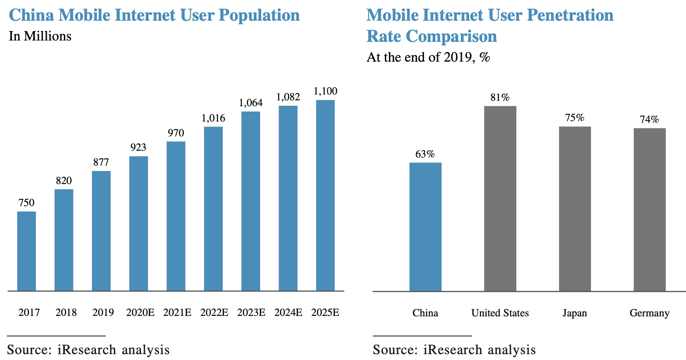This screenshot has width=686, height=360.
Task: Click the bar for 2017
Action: tap(27, 251)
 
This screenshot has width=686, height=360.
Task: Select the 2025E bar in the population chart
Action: tap(325, 195)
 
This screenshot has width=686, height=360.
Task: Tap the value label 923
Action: tap(139, 148)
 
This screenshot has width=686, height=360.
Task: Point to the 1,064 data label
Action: tap(251, 103)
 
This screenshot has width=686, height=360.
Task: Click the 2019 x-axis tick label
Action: tap(103, 312)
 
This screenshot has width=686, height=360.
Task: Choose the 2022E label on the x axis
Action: tap(214, 312)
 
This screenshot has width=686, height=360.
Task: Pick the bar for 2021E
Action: tap(176, 216)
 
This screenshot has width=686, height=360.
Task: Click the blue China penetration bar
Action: tap(425, 227)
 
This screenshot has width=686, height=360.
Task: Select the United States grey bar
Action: tap(500, 198)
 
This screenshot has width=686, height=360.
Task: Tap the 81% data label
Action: tap(500, 98)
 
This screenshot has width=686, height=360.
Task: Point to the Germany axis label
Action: tap(650, 313)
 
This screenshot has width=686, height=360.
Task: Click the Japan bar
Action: tap(575, 209)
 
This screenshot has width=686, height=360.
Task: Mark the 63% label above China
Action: tap(425, 154)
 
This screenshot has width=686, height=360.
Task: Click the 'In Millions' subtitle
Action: tap(40, 36)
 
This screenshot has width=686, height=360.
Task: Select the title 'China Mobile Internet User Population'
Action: tap(154, 15)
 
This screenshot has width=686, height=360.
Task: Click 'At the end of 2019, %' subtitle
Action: tap(428, 58)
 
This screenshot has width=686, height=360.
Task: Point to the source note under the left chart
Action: tap(88, 350)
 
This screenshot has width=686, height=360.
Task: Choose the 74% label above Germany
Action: tap(650, 120)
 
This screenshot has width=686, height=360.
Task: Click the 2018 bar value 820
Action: tap(64, 181)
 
